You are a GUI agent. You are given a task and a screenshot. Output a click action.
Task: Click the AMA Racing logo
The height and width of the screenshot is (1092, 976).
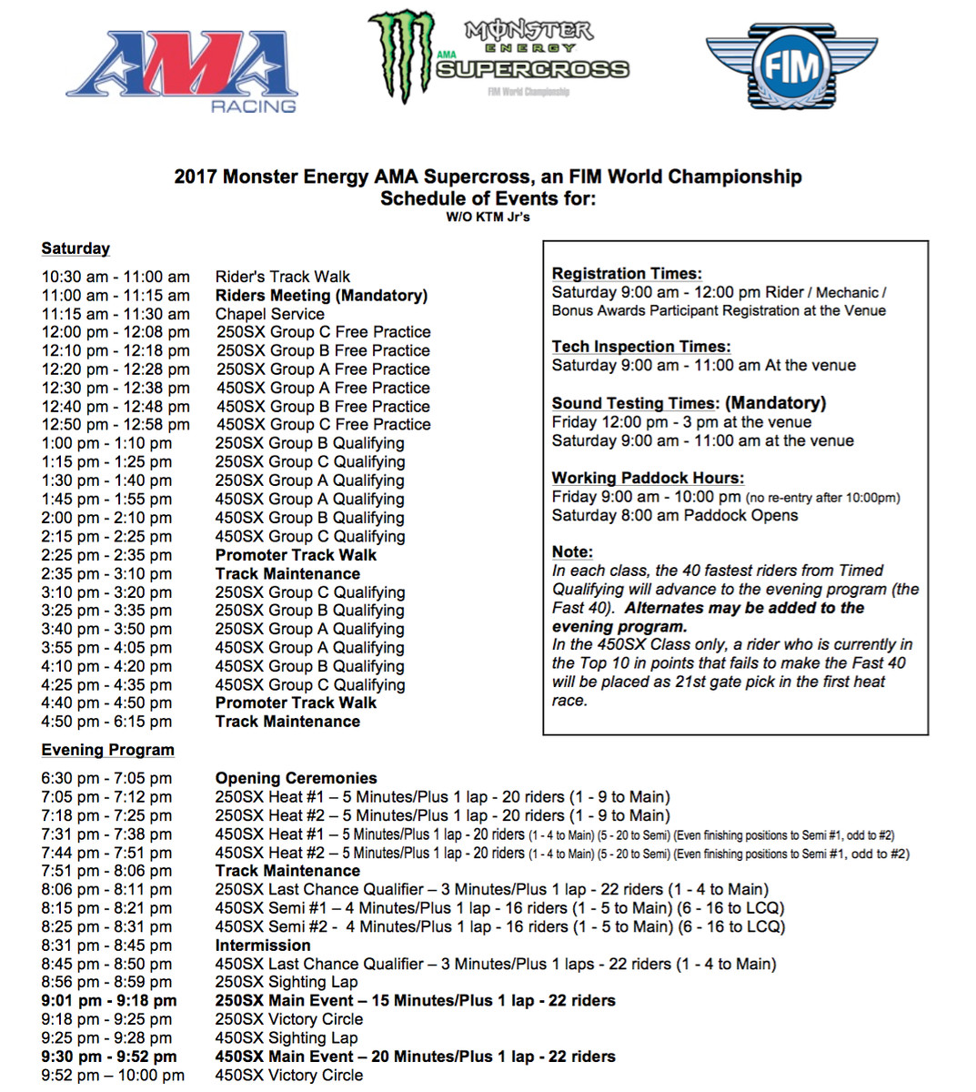182,71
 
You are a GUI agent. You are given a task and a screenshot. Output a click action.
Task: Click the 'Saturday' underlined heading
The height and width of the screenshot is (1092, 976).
75,248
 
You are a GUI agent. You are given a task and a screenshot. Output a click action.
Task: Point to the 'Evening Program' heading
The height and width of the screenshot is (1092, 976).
107,750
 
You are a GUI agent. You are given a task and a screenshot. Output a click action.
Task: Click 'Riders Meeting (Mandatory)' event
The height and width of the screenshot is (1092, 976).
321,295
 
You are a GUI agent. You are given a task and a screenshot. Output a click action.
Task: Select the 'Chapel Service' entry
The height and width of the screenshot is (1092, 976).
269,314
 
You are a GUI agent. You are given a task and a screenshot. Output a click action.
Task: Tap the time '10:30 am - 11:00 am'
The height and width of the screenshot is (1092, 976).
116,277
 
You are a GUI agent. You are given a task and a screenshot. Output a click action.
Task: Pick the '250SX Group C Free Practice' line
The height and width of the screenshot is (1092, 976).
323,332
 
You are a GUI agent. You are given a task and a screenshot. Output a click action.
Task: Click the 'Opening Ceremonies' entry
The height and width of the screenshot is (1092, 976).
296,778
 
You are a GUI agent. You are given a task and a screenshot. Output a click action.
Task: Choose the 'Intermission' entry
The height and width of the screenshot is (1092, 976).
262,945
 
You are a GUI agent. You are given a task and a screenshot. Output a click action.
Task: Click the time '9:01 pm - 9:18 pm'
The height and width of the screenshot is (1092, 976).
109,1001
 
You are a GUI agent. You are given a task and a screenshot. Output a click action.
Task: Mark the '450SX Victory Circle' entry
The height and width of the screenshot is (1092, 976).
288,1075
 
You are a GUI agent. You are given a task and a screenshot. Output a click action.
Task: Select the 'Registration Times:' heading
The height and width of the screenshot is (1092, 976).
627,273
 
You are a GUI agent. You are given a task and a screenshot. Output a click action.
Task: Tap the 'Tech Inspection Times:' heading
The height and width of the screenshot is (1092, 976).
641,346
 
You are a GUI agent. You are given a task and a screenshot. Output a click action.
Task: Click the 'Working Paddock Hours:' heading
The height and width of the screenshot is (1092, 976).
648,478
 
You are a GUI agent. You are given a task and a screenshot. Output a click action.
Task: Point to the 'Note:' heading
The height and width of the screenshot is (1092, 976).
572,551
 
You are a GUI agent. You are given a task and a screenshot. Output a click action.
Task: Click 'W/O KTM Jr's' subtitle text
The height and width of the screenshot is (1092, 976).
488,217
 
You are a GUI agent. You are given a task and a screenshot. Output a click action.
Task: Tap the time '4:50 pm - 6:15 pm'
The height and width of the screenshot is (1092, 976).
106,722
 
